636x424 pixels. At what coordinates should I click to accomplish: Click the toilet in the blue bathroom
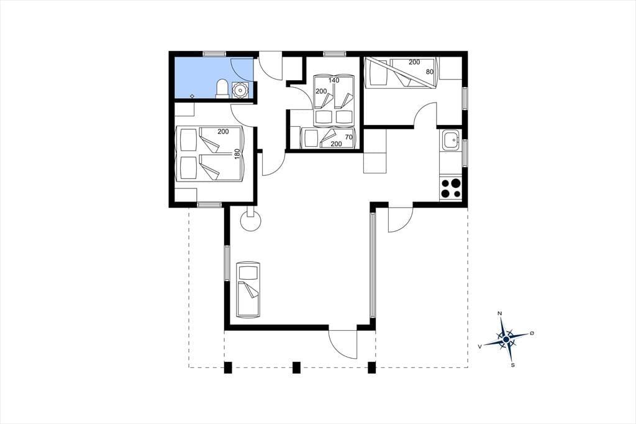(222, 89)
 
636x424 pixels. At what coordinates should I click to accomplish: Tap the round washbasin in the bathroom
(240, 90)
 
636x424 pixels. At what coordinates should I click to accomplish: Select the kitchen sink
(450, 140)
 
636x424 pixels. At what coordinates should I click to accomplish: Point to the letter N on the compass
(500, 313)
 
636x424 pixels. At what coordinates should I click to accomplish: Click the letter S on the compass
(513, 365)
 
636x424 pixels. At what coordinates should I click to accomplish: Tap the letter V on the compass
(480, 346)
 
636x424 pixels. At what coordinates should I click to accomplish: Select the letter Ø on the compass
(532, 333)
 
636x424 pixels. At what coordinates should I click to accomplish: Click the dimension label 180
(237, 154)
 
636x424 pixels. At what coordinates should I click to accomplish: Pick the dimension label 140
(334, 80)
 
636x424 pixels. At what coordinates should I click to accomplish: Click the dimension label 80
(430, 72)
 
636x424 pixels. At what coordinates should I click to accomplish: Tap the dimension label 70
(349, 137)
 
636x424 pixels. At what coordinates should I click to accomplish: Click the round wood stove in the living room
(251, 221)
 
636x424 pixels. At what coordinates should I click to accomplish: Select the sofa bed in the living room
(248, 290)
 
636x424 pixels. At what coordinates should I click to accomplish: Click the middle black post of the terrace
(296, 367)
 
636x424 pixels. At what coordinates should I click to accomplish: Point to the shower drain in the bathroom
(193, 96)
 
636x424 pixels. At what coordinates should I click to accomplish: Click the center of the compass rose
(506, 339)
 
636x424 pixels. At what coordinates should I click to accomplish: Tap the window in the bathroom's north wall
(214, 53)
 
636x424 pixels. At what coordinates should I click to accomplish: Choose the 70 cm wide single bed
(328, 138)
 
